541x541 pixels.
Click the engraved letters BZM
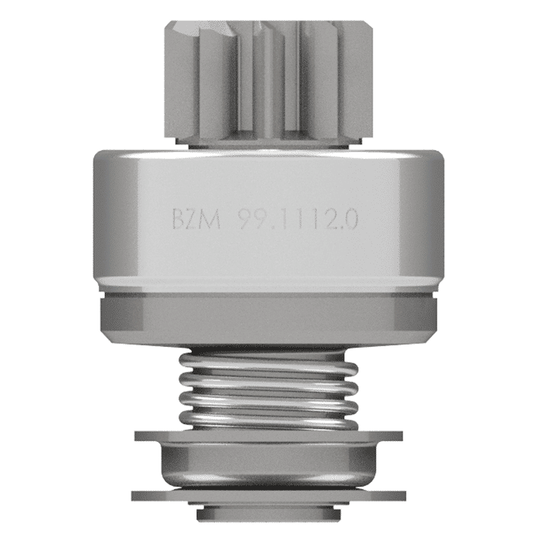(x=196, y=219)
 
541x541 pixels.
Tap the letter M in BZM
(x=211, y=219)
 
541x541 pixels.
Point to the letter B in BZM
(x=180, y=219)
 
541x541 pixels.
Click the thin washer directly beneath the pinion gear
(x=269, y=143)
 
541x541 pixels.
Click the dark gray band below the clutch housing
(x=269, y=317)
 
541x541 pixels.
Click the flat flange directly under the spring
(x=269, y=435)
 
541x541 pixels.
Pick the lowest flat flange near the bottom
(x=269, y=495)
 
